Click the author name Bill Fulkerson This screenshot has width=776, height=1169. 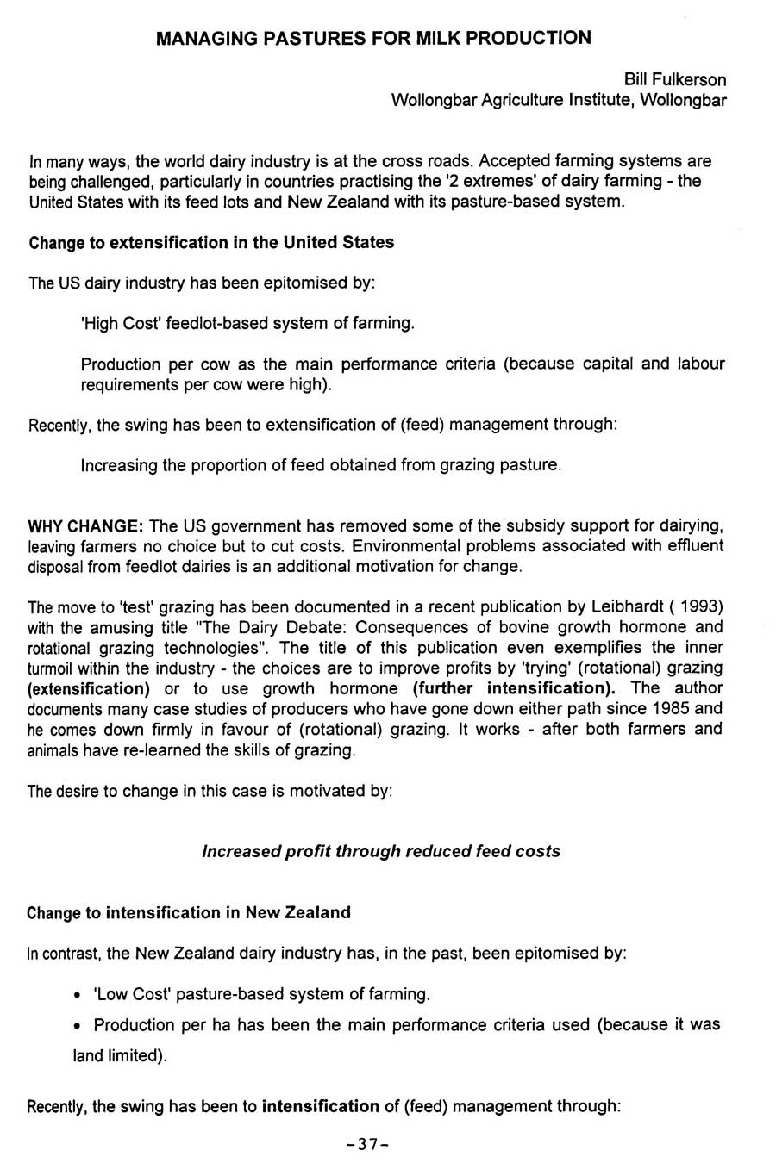(x=675, y=80)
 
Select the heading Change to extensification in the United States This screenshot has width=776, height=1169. (x=211, y=243)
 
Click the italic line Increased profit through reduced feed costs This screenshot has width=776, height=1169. (x=380, y=851)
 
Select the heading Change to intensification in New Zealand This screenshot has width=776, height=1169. (x=189, y=913)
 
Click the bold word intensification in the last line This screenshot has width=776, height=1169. (x=321, y=1106)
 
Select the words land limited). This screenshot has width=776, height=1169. (x=119, y=1056)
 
